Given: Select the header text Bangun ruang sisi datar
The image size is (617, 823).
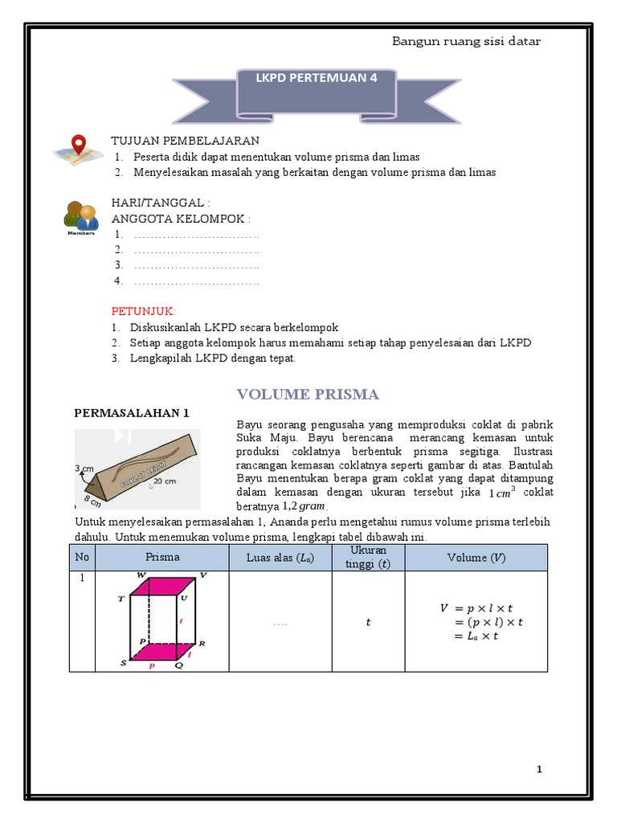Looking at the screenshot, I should pos(465,41).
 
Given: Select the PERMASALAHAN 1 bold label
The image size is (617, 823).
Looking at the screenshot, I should pos(131,413).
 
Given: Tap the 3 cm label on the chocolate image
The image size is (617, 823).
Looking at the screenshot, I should pos(84,467).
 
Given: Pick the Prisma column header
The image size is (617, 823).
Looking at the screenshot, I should pos(162,557).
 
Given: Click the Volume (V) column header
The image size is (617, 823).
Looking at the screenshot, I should pos(476,557).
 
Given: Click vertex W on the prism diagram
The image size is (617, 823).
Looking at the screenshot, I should pos(142,575).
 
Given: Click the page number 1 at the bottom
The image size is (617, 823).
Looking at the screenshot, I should pos(540,769).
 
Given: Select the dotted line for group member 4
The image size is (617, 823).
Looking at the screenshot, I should pos(196,281).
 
